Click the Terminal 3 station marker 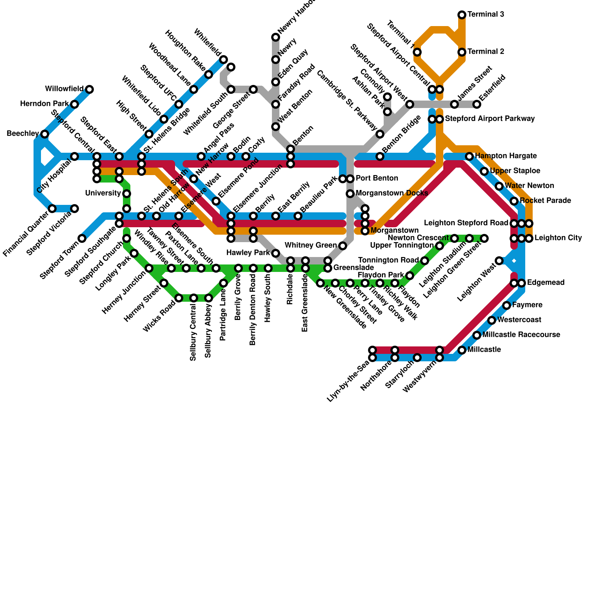462,15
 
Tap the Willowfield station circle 89,89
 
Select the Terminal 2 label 486,52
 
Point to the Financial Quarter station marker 52,209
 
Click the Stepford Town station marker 82,238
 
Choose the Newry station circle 276,60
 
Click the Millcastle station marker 462,350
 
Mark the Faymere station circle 507,305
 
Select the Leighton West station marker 499,261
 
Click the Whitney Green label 310,245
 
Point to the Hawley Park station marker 276,253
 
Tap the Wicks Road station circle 179,298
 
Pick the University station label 103,193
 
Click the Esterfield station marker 477,104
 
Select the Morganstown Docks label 392,193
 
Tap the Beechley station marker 45,134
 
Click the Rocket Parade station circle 514,201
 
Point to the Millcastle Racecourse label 521,335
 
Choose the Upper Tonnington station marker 440,246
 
